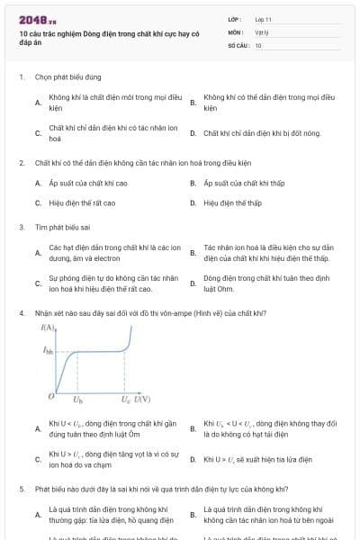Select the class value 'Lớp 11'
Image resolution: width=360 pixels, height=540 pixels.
pos(264,18)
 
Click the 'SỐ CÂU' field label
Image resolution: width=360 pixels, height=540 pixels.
pos(237,44)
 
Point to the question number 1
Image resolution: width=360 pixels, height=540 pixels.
pos(21,77)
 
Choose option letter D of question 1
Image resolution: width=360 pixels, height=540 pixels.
pos(193,133)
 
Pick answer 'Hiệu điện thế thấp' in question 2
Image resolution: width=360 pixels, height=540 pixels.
pos(232,202)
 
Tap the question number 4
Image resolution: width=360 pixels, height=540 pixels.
pos(21,312)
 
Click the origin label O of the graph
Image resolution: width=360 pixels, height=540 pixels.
pos(51,396)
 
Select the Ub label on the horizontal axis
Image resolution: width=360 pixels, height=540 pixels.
pos(77,399)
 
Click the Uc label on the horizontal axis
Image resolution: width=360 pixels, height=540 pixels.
pos(126,399)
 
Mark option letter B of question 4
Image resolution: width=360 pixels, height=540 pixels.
pos(193,429)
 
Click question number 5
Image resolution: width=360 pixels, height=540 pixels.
pos(21,489)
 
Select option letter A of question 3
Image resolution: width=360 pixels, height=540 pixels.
pos(38,253)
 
